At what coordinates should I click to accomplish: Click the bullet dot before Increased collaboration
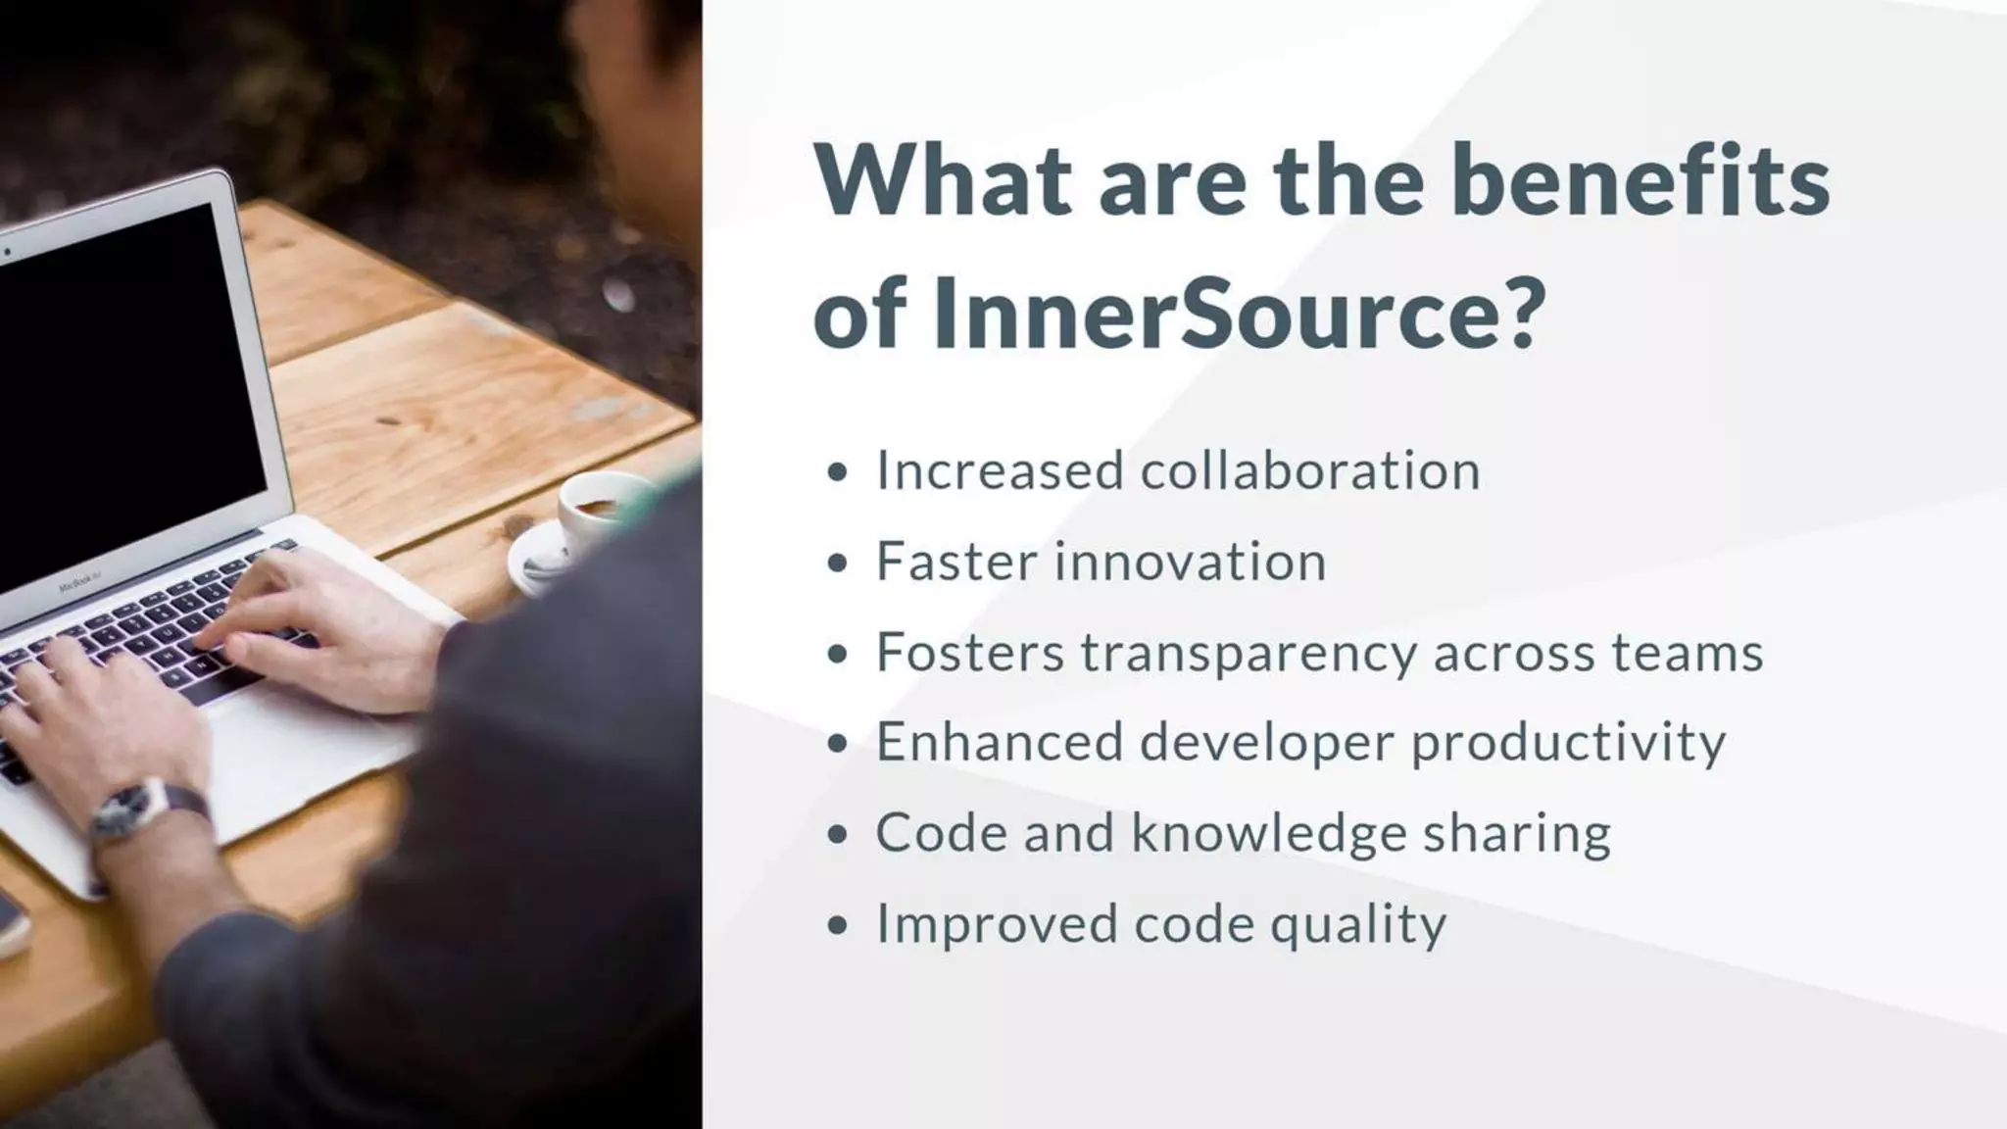[x=836, y=472]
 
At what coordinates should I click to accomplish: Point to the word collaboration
[x=1310, y=470]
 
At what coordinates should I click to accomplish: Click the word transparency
[x=1248, y=654]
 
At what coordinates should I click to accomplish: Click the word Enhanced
[x=999, y=742]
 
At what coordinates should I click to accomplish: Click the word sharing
[x=1516, y=834]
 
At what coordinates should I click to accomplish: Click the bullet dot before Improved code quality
[x=836, y=925]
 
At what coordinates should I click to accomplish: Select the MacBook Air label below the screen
[x=78, y=584]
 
